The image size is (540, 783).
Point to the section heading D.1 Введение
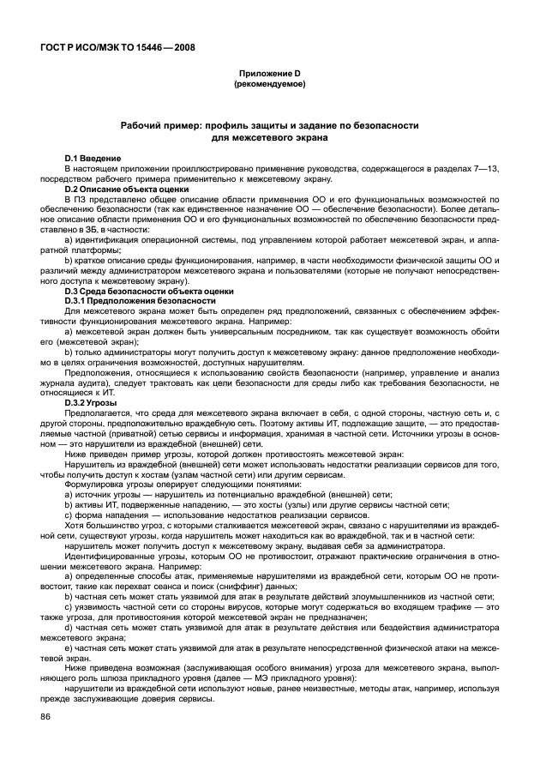click(x=93, y=159)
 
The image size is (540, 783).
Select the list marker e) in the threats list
click(x=68, y=648)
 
